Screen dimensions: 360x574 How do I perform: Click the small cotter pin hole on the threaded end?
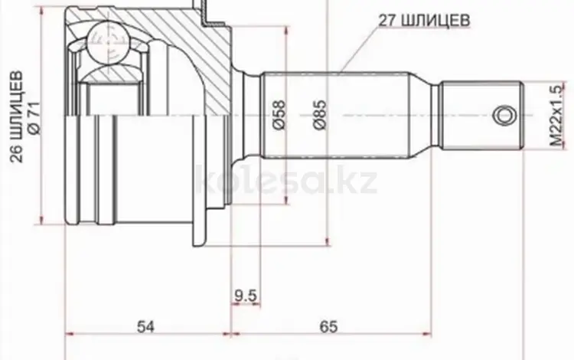click(x=503, y=114)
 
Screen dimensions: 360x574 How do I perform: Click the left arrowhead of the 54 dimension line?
click(x=70, y=335)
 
